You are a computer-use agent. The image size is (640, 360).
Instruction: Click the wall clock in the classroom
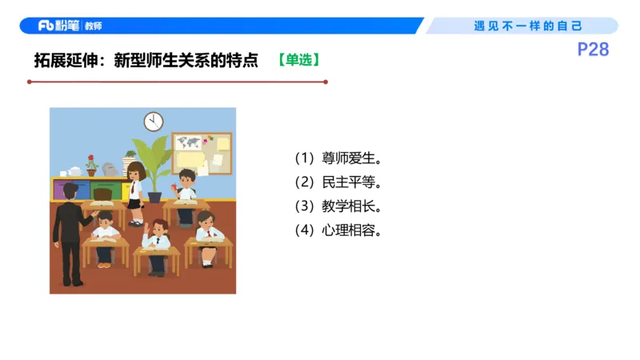[154, 121]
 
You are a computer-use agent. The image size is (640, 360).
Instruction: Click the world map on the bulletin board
[190, 143]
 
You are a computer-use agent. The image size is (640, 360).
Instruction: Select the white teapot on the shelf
[74, 170]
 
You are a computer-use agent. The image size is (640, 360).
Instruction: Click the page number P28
[593, 50]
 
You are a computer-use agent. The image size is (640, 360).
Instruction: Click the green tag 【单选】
[300, 59]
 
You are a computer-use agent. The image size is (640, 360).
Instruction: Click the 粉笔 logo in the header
[58, 26]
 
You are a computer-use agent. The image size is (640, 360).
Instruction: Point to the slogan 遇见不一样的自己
[528, 26]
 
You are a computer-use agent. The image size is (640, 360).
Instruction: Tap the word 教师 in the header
[94, 26]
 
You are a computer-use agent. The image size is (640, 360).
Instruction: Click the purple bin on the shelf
[62, 190]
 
